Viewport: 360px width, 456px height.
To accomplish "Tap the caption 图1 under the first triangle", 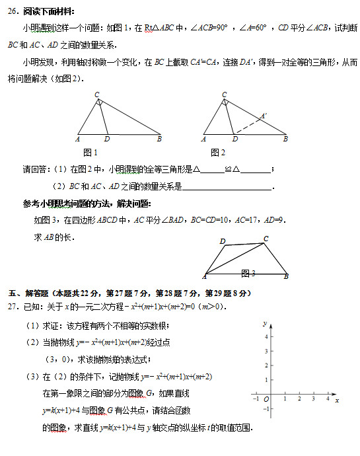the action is (x=100, y=153).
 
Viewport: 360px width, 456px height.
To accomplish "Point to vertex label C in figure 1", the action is (x=97, y=95).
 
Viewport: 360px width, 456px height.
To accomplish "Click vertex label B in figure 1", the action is (x=159, y=139).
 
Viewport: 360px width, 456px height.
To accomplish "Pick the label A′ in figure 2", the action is (x=264, y=116).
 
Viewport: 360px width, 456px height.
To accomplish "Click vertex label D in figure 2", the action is (x=235, y=139).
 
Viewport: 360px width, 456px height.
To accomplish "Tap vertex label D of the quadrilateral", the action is (x=223, y=241).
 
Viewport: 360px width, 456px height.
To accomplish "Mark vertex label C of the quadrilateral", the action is (x=266, y=239).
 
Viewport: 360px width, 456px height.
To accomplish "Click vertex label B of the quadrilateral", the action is (x=286, y=276).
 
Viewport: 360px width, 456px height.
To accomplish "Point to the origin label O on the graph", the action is (x=266, y=400).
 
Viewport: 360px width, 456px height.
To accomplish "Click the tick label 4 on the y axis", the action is (x=266, y=337).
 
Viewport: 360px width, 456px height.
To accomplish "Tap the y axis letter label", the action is (x=264, y=324).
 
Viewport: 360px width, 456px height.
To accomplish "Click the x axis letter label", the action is (x=336, y=400).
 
